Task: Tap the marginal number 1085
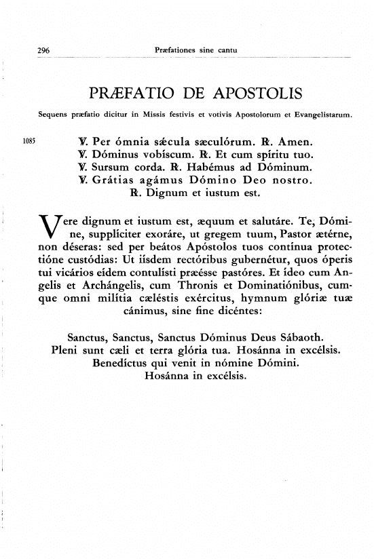[x=30, y=143]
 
